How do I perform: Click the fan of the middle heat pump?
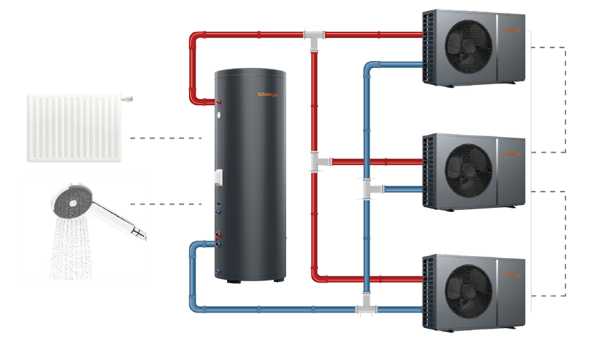click(469, 166)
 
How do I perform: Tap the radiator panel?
click(74, 128)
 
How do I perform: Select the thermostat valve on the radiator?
click(127, 99)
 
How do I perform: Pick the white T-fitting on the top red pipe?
click(314, 34)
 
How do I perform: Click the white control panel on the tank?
click(218, 176)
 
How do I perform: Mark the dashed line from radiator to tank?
click(166, 138)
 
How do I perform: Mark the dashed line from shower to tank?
click(166, 204)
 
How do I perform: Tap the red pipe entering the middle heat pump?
click(394, 162)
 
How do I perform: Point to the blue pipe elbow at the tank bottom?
click(196, 245)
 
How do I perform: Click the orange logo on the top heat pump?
click(511, 31)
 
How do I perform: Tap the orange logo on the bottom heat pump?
click(511, 274)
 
